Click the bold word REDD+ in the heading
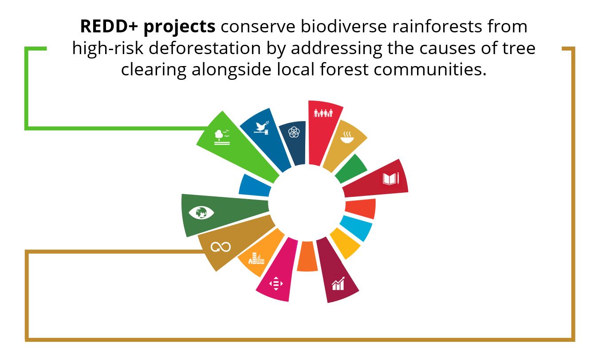[109, 27]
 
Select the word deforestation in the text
[205, 48]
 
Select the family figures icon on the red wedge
[323, 113]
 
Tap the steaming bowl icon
[347, 137]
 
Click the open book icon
[390, 179]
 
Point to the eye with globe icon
[201, 213]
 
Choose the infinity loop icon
[220, 247]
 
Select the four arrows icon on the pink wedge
[276, 283]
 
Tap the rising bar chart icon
[338, 283]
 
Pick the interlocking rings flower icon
[294, 132]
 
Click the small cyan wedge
[357, 228]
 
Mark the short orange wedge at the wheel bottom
[307, 256]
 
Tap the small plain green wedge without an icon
[351, 168]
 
